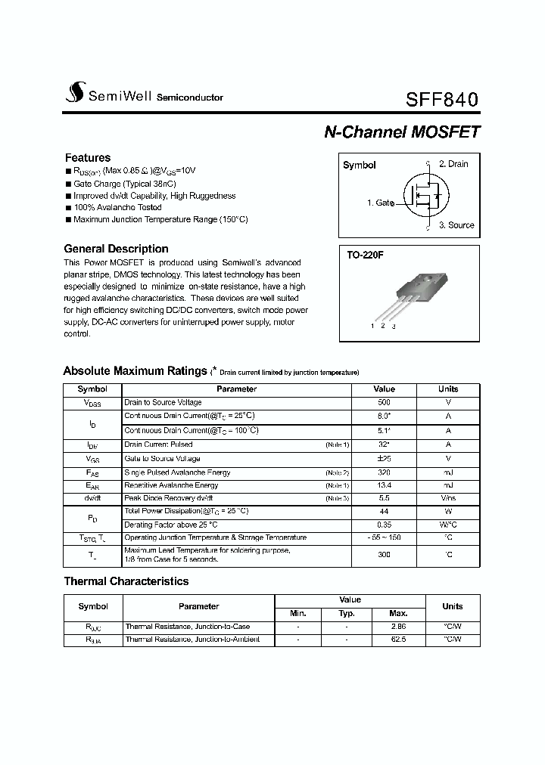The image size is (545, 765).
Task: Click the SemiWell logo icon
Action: tap(75, 93)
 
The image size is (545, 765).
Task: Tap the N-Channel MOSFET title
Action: tap(402, 132)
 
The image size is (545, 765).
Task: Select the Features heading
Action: tap(88, 158)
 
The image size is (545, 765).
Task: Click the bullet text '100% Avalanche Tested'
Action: tap(117, 207)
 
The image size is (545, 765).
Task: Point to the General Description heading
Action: tap(116, 249)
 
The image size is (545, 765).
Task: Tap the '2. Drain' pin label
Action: tap(453, 164)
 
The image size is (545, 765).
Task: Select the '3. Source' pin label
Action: tap(456, 225)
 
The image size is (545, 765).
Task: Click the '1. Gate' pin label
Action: tap(380, 203)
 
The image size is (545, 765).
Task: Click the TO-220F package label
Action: tap(366, 256)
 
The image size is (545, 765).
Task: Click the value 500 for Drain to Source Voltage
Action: tap(384, 403)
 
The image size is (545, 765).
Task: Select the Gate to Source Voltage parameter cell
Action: tap(163, 459)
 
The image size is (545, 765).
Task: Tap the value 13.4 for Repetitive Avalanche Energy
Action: tap(384, 485)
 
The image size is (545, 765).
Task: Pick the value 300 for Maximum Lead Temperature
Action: tap(384, 554)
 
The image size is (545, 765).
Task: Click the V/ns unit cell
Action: tap(448, 499)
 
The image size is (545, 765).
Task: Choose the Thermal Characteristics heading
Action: tap(126, 581)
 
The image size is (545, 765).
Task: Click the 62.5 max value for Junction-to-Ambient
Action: tap(398, 640)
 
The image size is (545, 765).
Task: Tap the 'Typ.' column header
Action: tap(347, 614)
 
